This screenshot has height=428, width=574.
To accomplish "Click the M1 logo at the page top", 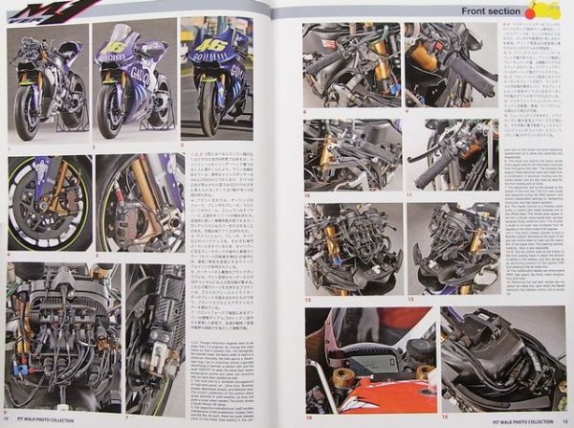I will (61, 10).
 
